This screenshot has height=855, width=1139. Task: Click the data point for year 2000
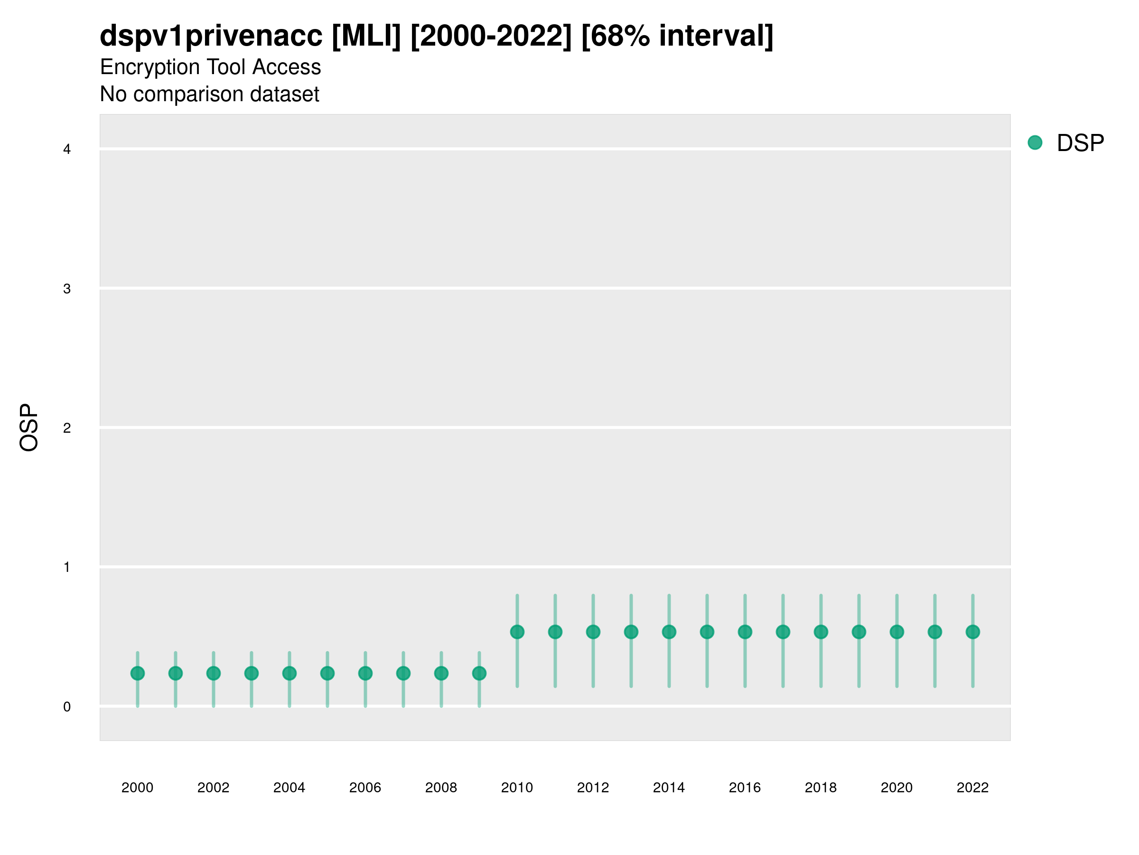tap(138, 673)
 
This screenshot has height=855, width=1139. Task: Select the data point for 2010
tap(517, 632)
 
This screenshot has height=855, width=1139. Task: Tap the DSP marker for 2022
tap(973, 632)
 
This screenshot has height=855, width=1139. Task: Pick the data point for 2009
tap(479, 673)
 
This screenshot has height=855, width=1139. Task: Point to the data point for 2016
tap(745, 632)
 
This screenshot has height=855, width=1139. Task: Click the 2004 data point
tap(289, 673)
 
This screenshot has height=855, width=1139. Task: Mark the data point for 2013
tap(631, 632)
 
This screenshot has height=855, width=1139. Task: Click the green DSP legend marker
tap(1035, 143)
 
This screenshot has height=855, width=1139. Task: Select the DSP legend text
tap(1080, 143)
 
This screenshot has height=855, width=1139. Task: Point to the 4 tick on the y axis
tap(67, 150)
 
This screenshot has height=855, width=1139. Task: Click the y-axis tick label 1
tap(67, 568)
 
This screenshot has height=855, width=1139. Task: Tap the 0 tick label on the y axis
tap(67, 707)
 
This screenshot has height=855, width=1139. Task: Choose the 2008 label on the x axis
tap(441, 788)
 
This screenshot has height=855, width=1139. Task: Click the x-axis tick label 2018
tap(821, 788)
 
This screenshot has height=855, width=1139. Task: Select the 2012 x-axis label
tap(593, 788)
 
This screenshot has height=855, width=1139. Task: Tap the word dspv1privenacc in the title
tap(211, 36)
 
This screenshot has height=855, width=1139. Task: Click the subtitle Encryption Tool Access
tap(210, 67)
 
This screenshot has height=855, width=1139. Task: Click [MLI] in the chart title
tap(366, 36)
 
